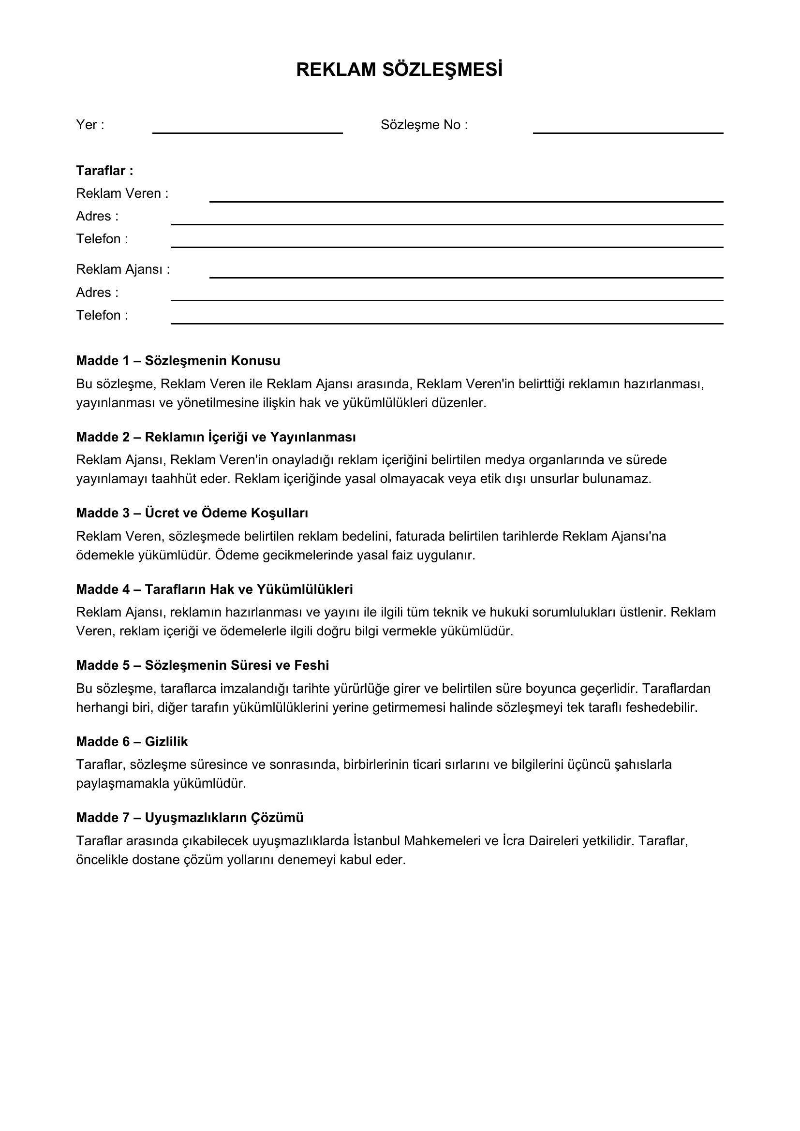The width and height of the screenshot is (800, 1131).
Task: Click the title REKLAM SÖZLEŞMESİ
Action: [x=399, y=70]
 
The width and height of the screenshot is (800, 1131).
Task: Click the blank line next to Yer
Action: [x=247, y=129]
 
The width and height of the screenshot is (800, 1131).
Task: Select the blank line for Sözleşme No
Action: [x=628, y=129]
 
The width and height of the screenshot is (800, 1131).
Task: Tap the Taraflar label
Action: [x=104, y=170]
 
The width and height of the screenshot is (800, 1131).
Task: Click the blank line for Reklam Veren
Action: [x=466, y=198]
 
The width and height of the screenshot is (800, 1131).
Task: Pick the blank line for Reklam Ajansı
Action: [x=466, y=274]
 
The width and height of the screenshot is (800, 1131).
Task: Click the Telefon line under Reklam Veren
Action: [x=447, y=243]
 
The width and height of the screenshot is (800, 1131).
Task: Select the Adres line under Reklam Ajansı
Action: [x=447, y=296]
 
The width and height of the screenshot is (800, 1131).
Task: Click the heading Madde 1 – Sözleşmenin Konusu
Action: [x=178, y=361]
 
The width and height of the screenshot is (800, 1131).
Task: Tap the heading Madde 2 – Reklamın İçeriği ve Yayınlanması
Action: [x=216, y=437]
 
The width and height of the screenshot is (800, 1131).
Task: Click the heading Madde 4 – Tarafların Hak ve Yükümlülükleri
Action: [x=214, y=589]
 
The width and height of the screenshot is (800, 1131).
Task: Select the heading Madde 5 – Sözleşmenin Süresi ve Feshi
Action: [x=203, y=665]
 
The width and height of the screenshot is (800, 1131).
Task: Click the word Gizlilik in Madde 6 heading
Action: [x=166, y=741]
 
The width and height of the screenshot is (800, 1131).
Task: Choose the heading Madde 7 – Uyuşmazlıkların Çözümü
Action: [x=190, y=818]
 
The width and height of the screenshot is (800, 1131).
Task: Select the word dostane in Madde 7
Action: [x=156, y=860]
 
